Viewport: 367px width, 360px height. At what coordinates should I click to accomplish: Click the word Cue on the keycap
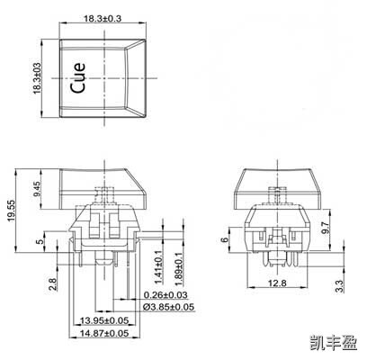[x=78, y=77]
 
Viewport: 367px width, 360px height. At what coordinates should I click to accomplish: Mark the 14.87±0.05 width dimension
[x=103, y=334]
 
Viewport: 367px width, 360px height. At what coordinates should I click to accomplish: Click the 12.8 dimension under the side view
[x=276, y=283]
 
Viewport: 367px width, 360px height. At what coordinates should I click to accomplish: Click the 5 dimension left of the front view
[x=40, y=241]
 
